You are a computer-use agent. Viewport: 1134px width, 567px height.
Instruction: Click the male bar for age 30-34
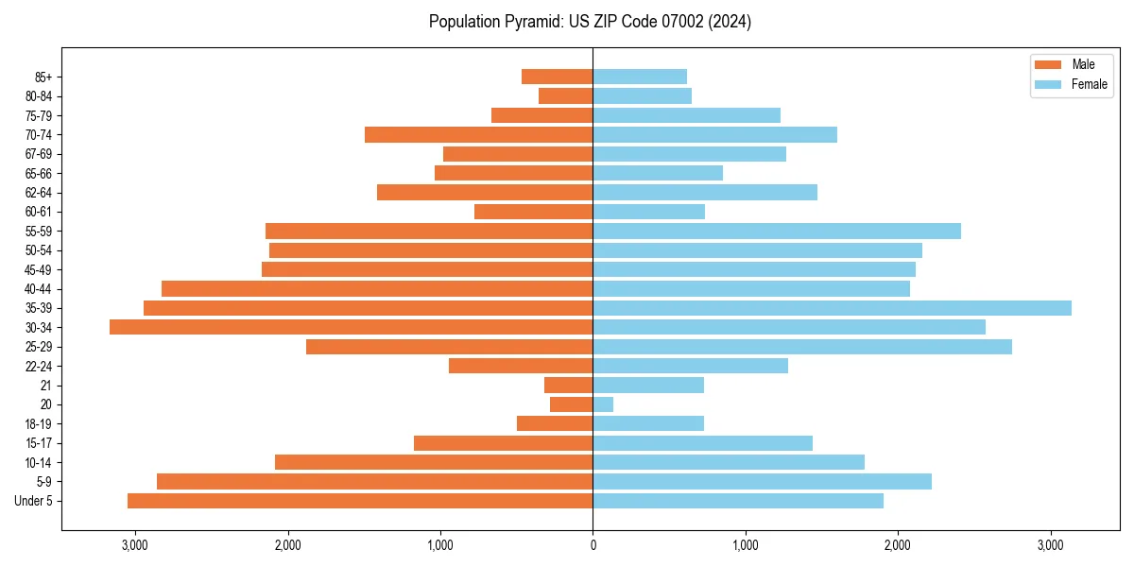pos(351,327)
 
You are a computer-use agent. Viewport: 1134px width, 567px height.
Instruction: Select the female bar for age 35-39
pos(832,308)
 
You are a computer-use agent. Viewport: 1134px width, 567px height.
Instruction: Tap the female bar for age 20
pos(603,404)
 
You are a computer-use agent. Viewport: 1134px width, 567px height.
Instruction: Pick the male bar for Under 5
pos(360,501)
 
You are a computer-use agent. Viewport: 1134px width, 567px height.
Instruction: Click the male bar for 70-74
pos(478,135)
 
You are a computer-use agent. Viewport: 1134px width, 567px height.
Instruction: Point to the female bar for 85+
pos(640,77)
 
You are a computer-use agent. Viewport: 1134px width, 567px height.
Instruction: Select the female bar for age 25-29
pos(802,347)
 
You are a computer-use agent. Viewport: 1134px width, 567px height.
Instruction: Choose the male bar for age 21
pos(568,386)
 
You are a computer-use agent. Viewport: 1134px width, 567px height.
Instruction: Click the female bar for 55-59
pos(777,232)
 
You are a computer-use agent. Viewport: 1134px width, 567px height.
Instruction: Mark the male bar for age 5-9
pos(374,482)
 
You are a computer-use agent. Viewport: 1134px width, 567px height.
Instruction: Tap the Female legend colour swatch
pos(1049,84)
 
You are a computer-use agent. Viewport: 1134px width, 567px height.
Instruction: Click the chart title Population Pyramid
pos(590,22)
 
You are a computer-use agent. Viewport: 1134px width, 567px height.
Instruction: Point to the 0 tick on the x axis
pos(593,545)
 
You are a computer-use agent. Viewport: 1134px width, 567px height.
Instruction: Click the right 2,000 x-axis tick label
pos(898,545)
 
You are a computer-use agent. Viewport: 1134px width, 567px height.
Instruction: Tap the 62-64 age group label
pos(39,193)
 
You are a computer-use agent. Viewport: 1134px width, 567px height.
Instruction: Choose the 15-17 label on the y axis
pos(39,443)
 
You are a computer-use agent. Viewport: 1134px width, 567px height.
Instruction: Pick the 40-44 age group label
pos(39,289)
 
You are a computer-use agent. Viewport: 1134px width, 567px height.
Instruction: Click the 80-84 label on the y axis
pos(39,96)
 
